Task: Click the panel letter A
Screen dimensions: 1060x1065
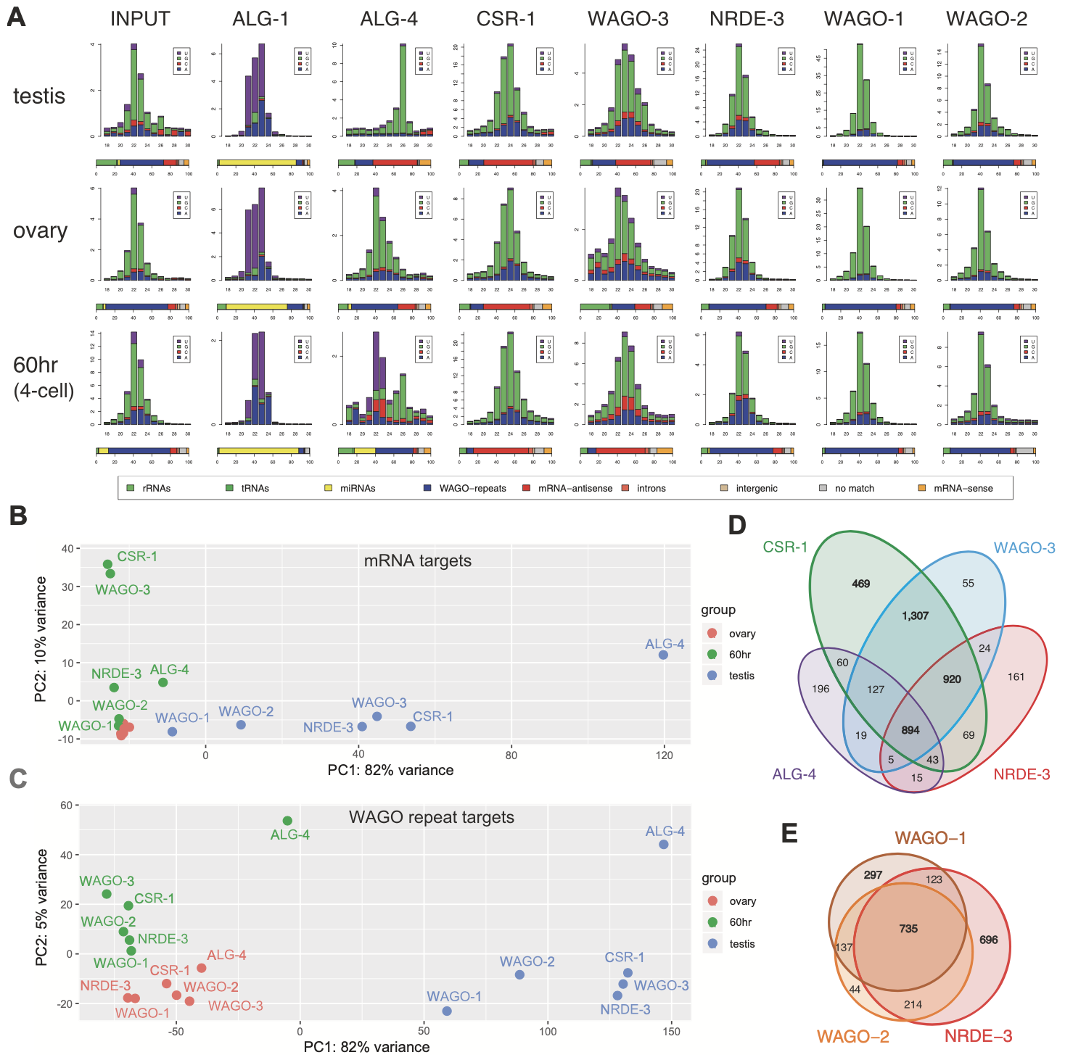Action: click(16, 17)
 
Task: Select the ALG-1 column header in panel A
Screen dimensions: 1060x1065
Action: click(260, 19)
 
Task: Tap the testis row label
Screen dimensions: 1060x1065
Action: click(39, 96)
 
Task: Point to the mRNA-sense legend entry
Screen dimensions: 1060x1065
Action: click(963, 488)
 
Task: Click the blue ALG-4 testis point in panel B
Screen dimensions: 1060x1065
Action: click(663, 655)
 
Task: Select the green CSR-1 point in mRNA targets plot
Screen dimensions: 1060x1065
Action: click(107, 564)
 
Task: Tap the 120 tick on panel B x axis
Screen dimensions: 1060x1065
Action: click(664, 755)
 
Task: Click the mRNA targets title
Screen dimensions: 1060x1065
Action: click(417, 560)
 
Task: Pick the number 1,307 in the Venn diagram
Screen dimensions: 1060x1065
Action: click(915, 616)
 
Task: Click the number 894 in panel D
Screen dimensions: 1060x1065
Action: click(910, 730)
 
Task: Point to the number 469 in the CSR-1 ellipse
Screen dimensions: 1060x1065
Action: click(860, 584)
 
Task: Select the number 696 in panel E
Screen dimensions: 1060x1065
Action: click(988, 940)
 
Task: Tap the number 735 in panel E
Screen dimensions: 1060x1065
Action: click(908, 928)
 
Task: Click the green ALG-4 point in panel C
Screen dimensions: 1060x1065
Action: click(287, 821)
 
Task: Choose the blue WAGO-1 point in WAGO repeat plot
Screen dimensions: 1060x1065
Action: click(447, 1011)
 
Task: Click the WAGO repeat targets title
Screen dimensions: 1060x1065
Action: click(431, 817)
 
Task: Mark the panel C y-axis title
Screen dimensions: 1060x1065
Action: click(42, 907)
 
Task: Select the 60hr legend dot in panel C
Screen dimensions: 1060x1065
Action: click(712, 922)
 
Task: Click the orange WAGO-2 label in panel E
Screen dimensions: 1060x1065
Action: click(852, 1036)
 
